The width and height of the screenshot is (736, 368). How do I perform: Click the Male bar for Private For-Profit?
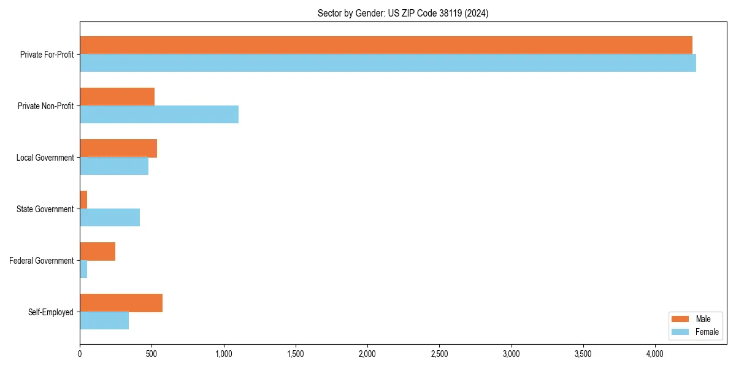point(386,45)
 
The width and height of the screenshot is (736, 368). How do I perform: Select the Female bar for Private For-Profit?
point(388,63)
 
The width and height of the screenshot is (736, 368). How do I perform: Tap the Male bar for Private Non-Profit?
point(117,96)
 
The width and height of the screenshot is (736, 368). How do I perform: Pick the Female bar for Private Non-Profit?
point(159,114)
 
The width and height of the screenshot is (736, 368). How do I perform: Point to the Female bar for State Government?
point(110,217)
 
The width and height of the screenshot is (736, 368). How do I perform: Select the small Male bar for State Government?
point(83,199)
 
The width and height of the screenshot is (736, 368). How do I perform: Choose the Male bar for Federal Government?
point(98,251)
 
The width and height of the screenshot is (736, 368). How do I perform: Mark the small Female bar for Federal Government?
point(83,269)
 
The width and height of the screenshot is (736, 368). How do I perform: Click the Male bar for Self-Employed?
point(121,302)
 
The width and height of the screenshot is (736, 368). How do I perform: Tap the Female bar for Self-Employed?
point(104,320)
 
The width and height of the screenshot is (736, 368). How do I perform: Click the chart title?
point(403,13)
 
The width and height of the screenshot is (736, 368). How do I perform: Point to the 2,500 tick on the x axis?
point(439,354)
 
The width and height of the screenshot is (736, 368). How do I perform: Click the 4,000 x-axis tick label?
point(655,354)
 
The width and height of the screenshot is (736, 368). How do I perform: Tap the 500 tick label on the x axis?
point(151,354)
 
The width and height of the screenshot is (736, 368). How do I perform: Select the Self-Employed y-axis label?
point(51,312)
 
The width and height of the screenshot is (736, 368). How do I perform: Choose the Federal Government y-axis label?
point(42,261)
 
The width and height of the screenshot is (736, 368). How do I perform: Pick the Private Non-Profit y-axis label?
point(45,106)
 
